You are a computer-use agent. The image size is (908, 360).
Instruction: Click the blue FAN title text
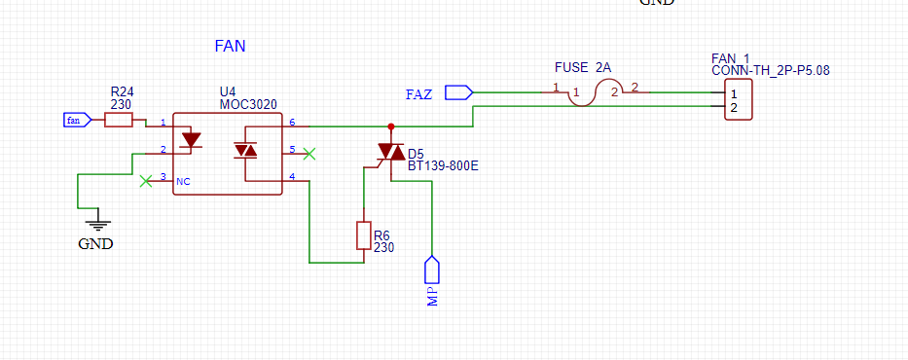[230, 47]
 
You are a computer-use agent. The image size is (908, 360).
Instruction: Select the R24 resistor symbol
[118, 121]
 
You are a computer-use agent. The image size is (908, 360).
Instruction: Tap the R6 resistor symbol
[363, 235]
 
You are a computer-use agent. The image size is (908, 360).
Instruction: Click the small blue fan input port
[77, 121]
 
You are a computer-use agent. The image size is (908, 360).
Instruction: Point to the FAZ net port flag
[458, 92]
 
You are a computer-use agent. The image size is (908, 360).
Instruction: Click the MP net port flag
[432, 270]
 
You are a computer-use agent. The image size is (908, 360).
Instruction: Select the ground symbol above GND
[98, 224]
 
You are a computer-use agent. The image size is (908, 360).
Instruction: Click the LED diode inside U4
[191, 140]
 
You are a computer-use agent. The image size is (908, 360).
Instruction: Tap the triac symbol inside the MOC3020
[245, 151]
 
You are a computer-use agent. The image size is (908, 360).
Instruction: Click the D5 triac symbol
[391, 152]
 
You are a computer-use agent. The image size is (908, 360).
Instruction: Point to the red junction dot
[391, 126]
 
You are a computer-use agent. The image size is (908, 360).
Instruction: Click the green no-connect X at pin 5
[309, 154]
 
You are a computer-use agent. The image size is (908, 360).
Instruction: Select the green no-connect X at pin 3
[146, 181]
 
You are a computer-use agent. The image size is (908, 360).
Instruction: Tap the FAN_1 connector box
[739, 99]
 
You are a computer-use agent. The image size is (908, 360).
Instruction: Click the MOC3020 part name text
[248, 105]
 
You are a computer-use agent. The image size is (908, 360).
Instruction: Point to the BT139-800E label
[443, 166]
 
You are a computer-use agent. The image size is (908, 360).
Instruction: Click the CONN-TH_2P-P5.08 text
[771, 71]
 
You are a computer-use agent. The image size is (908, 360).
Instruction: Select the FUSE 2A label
[583, 68]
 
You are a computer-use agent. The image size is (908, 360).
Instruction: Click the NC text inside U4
[183, 181]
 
